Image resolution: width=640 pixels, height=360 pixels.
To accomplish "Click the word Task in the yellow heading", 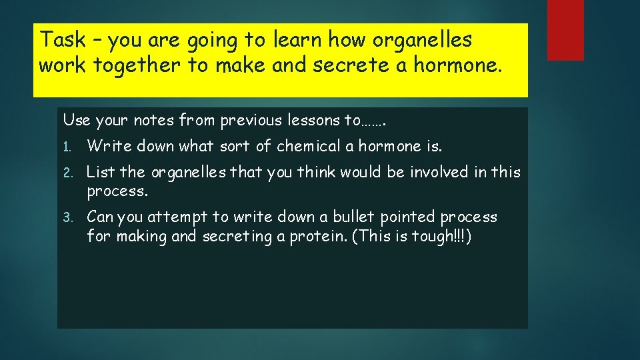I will pos(63,40).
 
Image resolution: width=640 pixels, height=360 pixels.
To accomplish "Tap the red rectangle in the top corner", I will pos(565,30).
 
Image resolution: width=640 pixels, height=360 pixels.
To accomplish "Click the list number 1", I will pos(67,147).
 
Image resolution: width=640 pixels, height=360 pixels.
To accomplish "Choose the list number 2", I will pos(67,173).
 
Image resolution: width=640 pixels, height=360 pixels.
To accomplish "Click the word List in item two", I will pos(102,172).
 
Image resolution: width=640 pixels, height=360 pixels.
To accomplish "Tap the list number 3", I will pos(67,217).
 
